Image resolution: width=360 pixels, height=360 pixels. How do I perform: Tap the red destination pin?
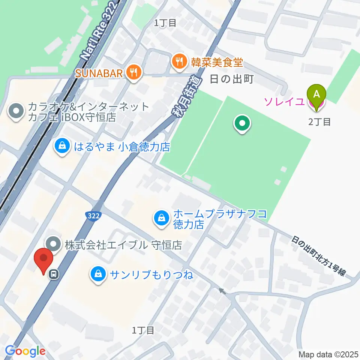pos(43,259)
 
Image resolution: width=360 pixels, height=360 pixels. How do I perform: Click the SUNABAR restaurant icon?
pos(133,72)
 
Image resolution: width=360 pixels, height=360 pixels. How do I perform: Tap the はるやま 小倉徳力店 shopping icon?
pos(62,146)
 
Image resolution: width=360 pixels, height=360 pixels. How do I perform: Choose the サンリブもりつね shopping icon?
pos(98,275)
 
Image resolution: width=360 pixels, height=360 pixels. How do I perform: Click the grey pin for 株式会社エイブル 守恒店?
pos(54,245)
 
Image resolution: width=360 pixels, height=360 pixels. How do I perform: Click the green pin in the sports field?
pos(242,124)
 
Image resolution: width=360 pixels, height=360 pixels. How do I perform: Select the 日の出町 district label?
pos(232,79)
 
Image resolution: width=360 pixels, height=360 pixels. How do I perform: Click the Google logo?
pos(25,351)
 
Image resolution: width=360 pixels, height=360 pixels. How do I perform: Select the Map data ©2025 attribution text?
pos(328,354)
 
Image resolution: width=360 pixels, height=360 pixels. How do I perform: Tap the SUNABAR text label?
pos(99,73)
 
